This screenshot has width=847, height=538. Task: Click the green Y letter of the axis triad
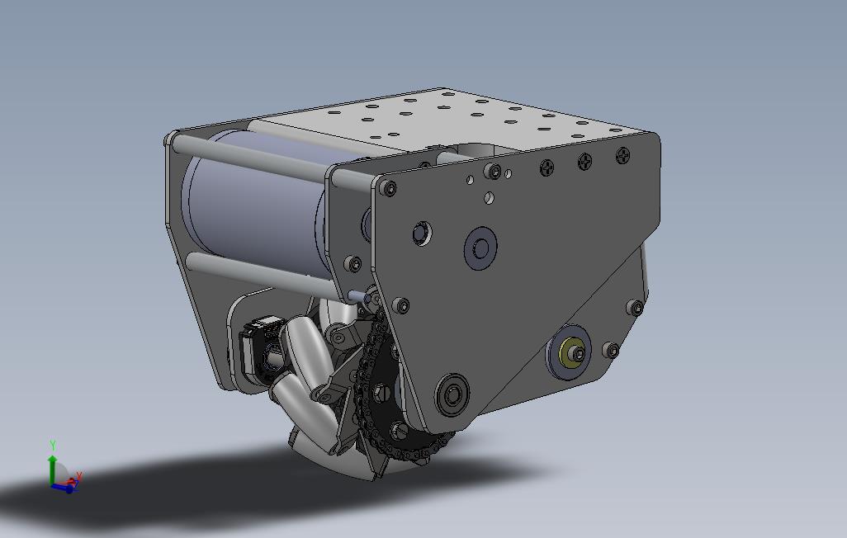(53, 446)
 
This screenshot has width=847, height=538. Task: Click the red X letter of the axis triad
(79, 476)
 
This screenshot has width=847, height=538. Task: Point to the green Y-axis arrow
(53, 466)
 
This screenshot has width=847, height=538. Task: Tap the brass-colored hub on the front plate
(571, 354)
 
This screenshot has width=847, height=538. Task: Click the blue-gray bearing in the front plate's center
(480, 248)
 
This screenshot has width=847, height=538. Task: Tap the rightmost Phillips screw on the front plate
(622, 153)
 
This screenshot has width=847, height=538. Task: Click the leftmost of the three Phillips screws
(547, 168)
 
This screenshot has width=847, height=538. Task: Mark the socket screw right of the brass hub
(611, 350)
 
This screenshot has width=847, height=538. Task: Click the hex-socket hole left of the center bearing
(422, 233)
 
